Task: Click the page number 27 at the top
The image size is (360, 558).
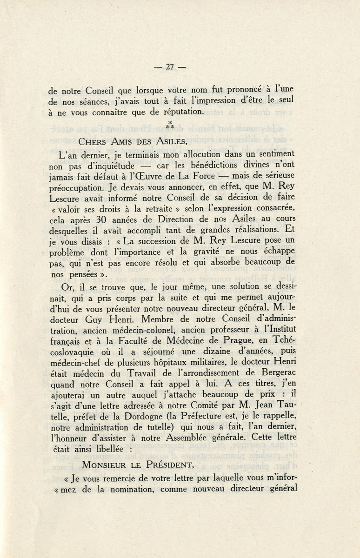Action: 169,66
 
